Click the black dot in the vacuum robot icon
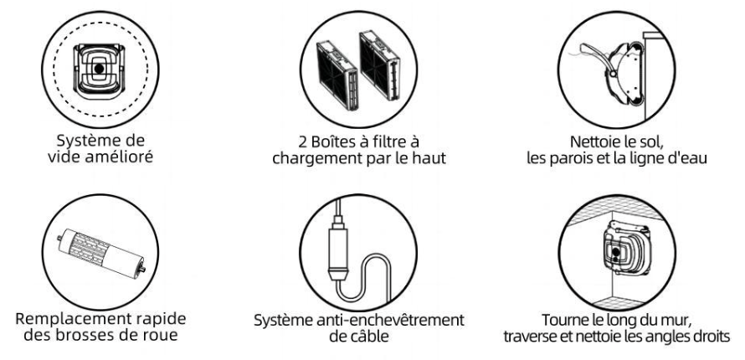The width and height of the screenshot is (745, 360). pyautogui.click(x=99, y=69)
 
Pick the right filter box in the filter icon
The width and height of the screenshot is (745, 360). pyautogui.click(x=380, y=65)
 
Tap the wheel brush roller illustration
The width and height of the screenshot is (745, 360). pyautogui.click(x=100, y=253)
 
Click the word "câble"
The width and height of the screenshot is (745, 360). pyautogui.click(x=370, y=337)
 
